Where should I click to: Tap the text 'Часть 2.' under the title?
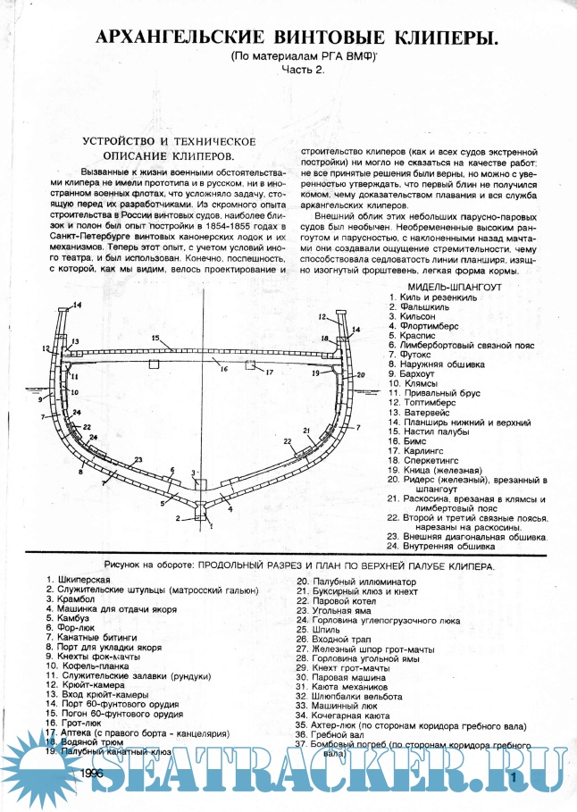(x=305, y=69)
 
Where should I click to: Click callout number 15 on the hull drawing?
(x=155, y=339)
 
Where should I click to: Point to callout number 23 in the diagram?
(x=138, y=459)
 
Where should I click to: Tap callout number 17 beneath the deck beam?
(x=268, y=372)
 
